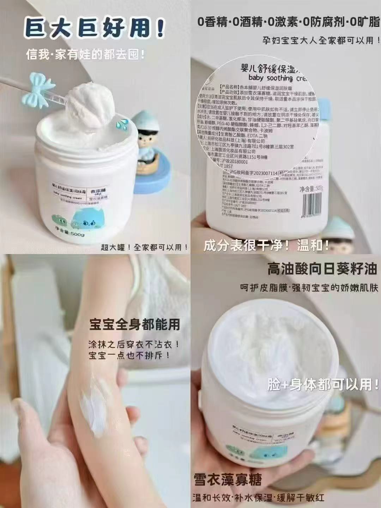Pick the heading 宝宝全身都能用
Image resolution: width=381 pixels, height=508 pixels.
(134, 324)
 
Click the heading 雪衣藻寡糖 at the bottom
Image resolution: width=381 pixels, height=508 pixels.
(228, 481)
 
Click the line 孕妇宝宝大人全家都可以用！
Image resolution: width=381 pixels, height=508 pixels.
(318, 40)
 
